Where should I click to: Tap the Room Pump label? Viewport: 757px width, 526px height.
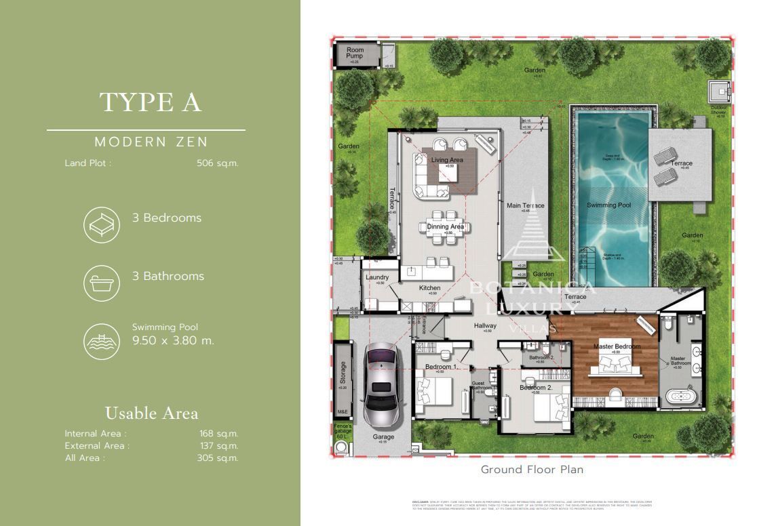[x=355, y=54]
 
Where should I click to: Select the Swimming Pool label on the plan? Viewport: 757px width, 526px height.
[x=608, y=205]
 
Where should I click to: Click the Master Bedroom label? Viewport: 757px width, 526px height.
[x=617, y=346]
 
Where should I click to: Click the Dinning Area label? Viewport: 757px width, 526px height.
[x=446, y=227]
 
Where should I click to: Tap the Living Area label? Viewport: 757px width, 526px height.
[x=447, y=160]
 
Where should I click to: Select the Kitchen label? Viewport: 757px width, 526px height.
[x=429, y=288]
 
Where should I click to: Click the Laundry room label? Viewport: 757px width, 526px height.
[x=376, y=277]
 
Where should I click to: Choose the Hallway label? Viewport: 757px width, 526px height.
[x=485, y=326]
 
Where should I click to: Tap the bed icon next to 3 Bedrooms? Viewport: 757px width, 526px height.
[x=101, y=225]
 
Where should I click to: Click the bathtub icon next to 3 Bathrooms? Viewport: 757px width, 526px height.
[x=101, y=283]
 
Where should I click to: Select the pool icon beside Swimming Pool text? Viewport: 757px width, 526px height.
[x=101, y=340]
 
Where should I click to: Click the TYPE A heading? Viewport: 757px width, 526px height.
[x=151, y=102]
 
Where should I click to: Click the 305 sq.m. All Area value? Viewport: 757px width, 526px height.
[x=217, y=458]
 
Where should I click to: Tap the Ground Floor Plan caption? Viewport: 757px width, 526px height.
[x=532, y=469]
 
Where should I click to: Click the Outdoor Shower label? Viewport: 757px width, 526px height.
[x=718, y=110]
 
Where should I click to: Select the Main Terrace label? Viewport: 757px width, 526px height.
[x=525, y=206]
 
